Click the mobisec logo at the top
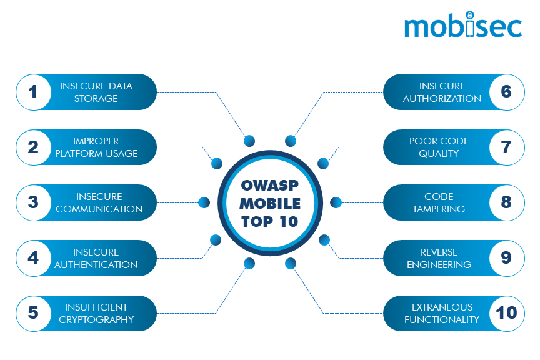[462, 27]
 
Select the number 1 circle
[33, 92]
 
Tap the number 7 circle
[506, 147]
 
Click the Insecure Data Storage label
[96, 92]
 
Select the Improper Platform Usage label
[96, 147]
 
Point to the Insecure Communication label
[99, 202]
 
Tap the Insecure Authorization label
[442, 92]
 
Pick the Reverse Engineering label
[439, 258]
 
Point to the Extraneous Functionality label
[442, 313]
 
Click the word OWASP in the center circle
[270, 186]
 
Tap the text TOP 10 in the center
[270, 221]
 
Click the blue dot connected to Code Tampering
[336, 202]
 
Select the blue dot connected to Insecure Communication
[204, 202]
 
